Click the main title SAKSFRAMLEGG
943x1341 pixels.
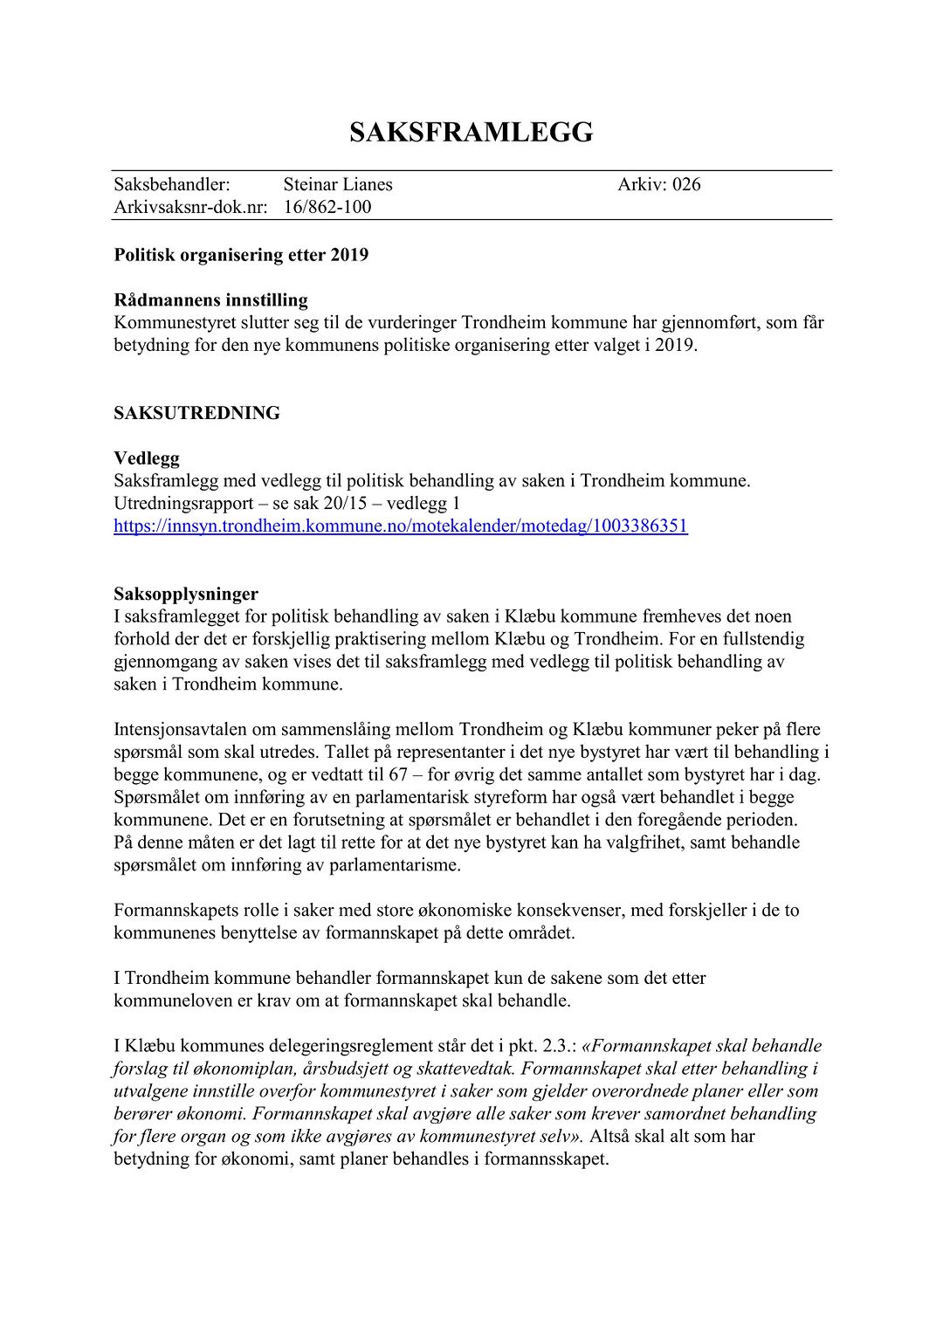point(471,132)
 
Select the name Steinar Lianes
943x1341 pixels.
point(338,184)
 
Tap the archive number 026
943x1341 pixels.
point(686,184)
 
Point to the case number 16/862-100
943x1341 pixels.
point(327,207)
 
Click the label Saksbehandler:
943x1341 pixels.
point(172,184)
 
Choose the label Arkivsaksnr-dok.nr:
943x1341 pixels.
point(190,207)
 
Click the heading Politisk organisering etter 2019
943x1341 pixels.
point(241,255)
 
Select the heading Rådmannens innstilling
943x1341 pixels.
point(210,300)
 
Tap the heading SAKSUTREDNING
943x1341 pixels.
point(196,413)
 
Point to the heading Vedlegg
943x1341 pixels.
point(147,458)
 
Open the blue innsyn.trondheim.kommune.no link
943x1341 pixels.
point(401,526)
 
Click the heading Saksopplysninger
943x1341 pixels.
point(186,595)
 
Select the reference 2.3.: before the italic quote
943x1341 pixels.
point(558,1046)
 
